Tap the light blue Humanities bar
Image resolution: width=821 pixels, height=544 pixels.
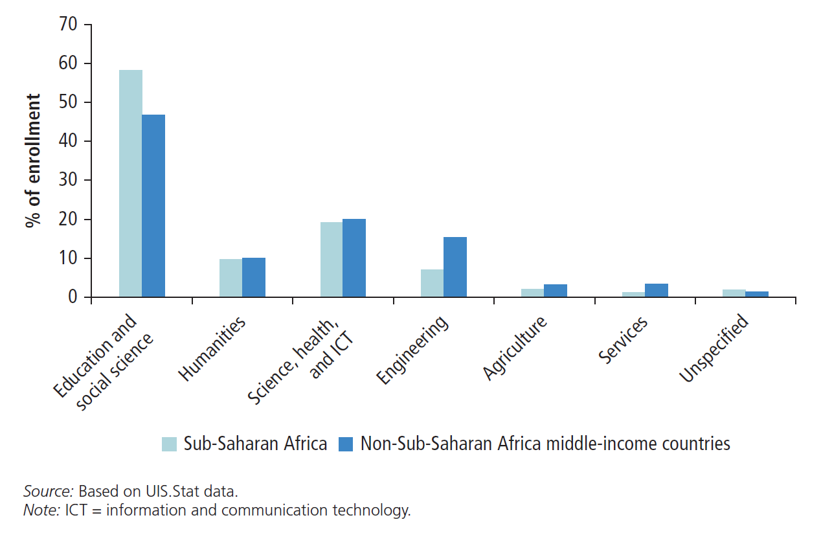pos(231,278)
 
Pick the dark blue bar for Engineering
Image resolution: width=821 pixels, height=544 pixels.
pos(455,267)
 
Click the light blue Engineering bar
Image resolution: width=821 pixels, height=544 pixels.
pos(432,283)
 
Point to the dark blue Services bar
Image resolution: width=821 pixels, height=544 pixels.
pos(656,290)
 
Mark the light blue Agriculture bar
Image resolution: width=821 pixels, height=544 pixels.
pos(532,293)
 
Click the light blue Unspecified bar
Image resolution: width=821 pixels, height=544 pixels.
pos(734,293)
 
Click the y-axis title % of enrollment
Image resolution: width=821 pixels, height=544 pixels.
pos(33,161)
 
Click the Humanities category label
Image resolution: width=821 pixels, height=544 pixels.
pos(212,348)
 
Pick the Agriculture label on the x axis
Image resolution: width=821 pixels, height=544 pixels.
pos(515,348)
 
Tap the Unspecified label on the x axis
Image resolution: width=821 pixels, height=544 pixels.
pos(714,348)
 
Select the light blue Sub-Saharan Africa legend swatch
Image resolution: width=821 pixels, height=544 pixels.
pos(169,444)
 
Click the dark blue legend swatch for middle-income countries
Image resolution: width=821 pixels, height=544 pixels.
pos(346,444)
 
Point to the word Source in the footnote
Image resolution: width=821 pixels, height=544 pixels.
pos(48,490)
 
